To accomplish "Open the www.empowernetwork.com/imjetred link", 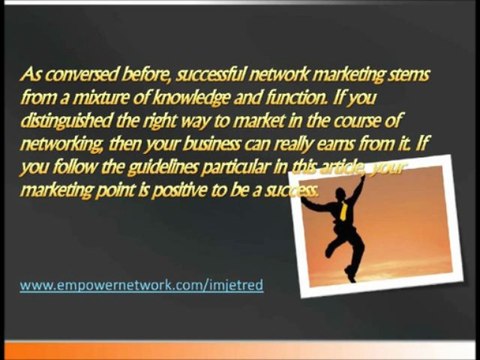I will (141, 286).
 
